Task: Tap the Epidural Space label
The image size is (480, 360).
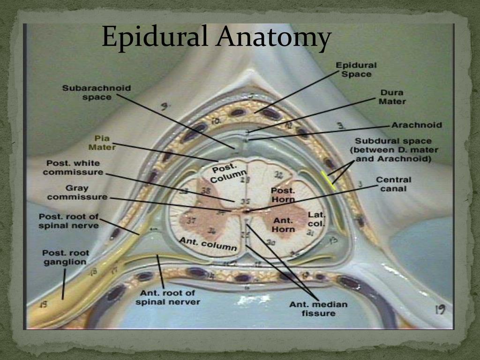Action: point(356,70)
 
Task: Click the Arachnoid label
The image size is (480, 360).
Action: point(417,125)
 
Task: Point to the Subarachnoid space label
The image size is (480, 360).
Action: point(97,92)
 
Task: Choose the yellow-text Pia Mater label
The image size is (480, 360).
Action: point(102,142)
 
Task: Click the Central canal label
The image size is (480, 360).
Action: point(394,184)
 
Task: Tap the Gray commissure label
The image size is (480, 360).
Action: point(77,193)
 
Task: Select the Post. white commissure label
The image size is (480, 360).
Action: point(74,167)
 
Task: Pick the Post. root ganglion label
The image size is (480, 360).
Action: point(66,257)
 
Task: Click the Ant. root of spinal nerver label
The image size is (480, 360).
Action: point(167,297)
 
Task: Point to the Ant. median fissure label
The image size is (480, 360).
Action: point(318,308)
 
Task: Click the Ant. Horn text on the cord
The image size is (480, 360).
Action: point(283,225)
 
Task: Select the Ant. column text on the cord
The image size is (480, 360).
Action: point(208,243)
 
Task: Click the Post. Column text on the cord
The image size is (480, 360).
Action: point(229,173)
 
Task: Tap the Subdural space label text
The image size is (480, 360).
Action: point(393,150)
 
